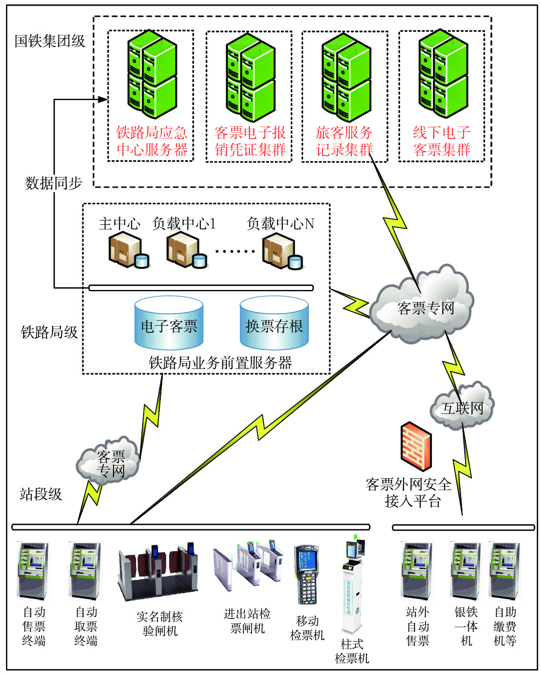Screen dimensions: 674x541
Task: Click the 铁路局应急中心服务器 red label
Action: click(x=152, y=141)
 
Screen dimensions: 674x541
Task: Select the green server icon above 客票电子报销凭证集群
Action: click(x=250, y=77)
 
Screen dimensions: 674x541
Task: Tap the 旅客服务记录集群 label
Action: click(x=344, y=141)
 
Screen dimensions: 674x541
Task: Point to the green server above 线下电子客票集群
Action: click(x=443, y=74)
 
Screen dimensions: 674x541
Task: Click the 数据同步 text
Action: click(x=54, y=183)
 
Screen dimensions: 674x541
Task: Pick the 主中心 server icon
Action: click(x=128, y=250)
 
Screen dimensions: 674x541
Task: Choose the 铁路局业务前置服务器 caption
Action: click(x=220, y=363)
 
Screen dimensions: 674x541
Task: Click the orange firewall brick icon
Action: click(x=416, y=445)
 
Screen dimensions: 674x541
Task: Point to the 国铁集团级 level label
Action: click(x=50, y=41)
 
